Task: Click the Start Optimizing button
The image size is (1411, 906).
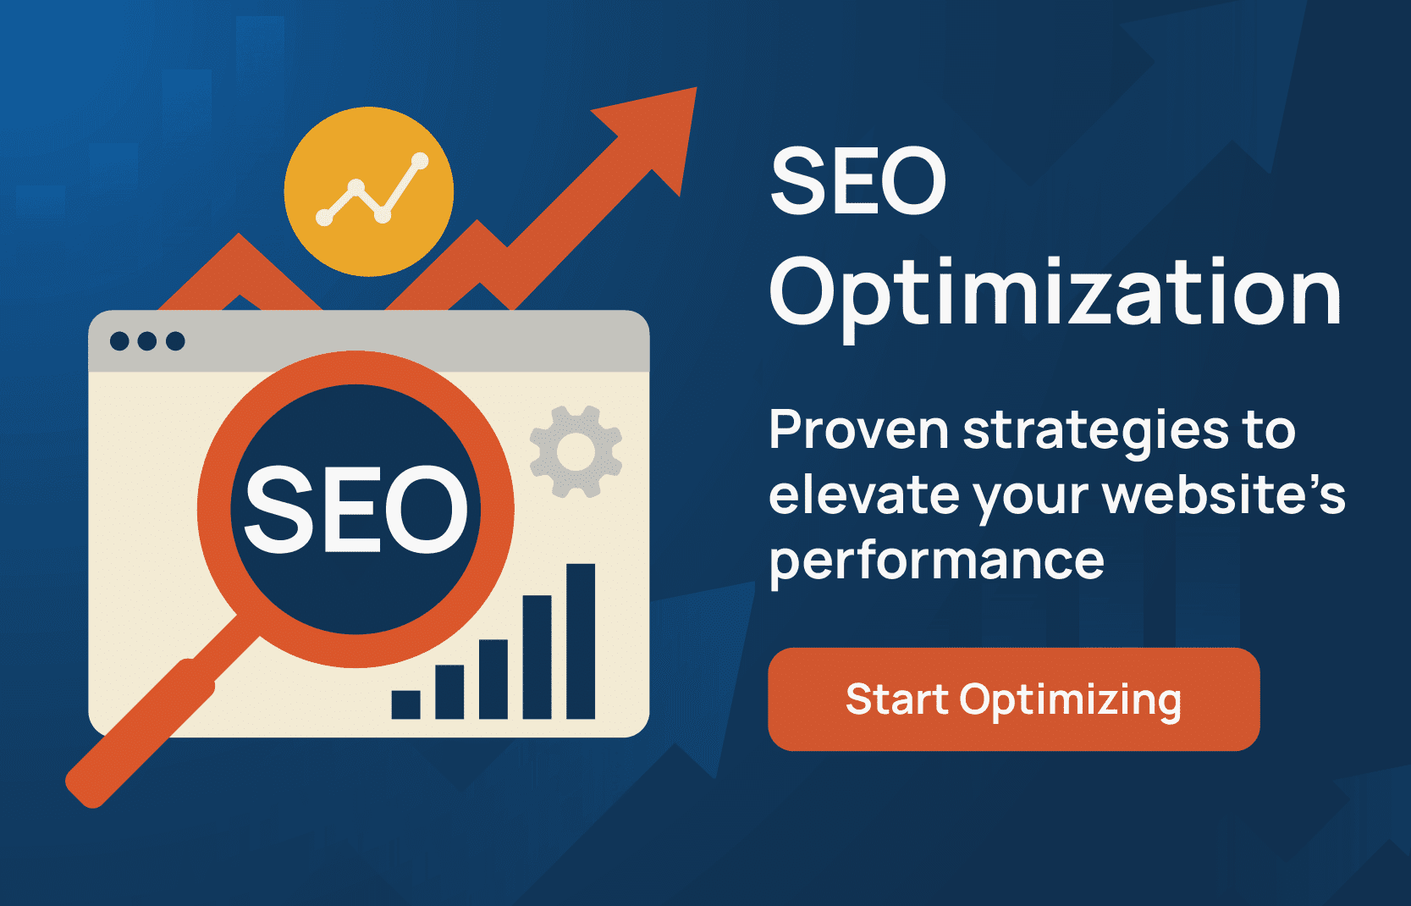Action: (x=1013, y=699)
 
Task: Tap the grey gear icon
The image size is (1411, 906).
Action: (x=576, y=452)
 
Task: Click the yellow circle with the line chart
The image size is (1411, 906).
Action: (x=368, y=191)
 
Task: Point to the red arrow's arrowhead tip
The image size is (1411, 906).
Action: (x=696, y=87)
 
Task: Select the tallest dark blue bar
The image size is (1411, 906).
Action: (x=580, y=641)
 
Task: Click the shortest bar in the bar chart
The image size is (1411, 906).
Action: (x=405, y=705)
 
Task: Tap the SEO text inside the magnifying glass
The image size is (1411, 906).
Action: (x=356, y=511)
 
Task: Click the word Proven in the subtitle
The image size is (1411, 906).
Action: (x=859, y=430)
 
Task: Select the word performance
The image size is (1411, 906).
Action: (x=937, y=560)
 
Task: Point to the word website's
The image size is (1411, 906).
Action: (x=1224, y=494)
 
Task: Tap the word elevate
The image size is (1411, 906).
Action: (x=864, y=494)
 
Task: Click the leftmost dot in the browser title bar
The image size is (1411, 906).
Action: (x=119, y=341)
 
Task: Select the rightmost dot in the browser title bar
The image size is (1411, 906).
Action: (x=175, y=341)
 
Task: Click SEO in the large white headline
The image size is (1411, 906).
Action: (x=858, y=181)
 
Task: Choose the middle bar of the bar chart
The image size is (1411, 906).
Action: (x=493, y=679)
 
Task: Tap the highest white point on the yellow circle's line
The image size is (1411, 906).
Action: (x=420, y=161)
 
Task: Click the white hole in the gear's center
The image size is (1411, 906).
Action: (x=576, y=452)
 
